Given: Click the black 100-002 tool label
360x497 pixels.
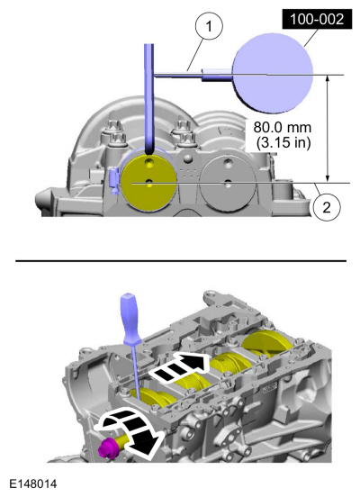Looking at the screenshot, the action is [x=317, y=19].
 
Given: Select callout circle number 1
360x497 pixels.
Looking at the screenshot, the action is [x=209, y=27].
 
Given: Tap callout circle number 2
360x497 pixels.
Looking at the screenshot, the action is [x=327, y=207].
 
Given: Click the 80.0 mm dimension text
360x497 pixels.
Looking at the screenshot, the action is [x=283, y=128].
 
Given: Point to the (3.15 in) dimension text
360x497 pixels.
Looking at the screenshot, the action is [x=283, y=142].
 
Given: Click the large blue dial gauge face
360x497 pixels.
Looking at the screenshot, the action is [x=273, y=73].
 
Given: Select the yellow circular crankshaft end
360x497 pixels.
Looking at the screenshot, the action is [x=149, y=183].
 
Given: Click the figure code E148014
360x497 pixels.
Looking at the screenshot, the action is [x=33, y=484].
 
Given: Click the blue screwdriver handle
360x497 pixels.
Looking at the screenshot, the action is [x=129, y=320].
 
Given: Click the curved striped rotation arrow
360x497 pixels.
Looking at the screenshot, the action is [x=130, y=430].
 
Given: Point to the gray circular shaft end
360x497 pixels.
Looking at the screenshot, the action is [x=228, y=183].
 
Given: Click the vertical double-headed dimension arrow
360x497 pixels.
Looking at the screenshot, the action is [x=328, y=129].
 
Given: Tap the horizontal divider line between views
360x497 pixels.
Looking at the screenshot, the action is [x=181, y=261].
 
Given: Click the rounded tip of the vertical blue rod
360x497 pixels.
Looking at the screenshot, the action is [x=149, y=152].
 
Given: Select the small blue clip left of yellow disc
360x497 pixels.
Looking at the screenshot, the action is [x=113, y=181].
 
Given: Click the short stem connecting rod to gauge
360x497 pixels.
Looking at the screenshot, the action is [x=217, y=75].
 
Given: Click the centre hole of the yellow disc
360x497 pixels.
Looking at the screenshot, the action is [x=148, y=182].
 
